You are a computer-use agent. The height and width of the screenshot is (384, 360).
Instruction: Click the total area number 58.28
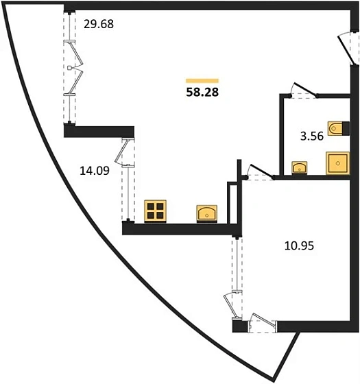202,93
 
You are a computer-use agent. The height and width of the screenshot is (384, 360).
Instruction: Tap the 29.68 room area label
99,24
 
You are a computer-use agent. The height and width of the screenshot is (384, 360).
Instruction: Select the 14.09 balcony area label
95,171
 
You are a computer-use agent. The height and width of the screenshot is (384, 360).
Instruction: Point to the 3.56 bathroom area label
312,136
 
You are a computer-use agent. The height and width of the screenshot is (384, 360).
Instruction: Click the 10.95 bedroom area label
299,245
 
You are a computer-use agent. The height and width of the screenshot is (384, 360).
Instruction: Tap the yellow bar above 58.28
202,81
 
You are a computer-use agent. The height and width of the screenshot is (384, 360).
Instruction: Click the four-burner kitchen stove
155,211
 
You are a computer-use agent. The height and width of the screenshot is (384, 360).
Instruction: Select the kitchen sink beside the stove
207,214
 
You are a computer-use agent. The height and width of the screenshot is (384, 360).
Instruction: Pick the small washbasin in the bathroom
299,167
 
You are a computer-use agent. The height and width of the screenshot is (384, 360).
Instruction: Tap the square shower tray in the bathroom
337,163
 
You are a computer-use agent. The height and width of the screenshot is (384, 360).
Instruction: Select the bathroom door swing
304,90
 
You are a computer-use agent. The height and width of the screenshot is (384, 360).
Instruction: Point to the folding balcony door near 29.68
73,67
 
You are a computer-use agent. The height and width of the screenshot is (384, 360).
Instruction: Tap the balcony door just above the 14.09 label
124,152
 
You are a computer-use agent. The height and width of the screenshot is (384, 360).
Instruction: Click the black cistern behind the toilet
346,128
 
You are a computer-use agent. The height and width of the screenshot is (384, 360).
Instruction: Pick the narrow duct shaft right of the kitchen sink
232,203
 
